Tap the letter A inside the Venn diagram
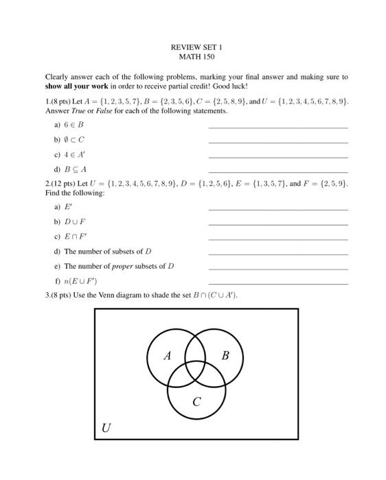(x=167, y=356)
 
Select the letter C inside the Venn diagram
(x=196, y=402)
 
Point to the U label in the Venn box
(x=106, y=429)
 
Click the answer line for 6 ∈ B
(x=277, y=128)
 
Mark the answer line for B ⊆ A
(x=277, y=171)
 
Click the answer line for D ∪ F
(x=277, y=224)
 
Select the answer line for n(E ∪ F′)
(x=277, y=283)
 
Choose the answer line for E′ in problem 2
(x=277, y=209)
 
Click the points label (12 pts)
(x=63, y=184)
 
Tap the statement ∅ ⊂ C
(x=74, y=140)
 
